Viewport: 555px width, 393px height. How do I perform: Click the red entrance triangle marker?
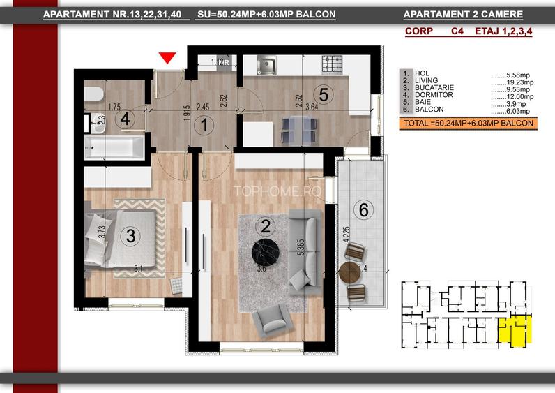click(167, 59)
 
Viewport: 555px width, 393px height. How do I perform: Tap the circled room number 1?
click(204, 126)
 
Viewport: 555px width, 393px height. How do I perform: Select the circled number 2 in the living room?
click(265, 225)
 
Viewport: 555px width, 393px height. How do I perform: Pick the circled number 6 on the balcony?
click(361, 209)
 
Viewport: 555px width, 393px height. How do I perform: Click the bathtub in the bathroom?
click(114, 147)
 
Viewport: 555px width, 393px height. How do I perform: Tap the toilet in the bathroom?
click(96, 96)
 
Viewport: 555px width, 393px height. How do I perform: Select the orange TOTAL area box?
click(468, 124)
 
